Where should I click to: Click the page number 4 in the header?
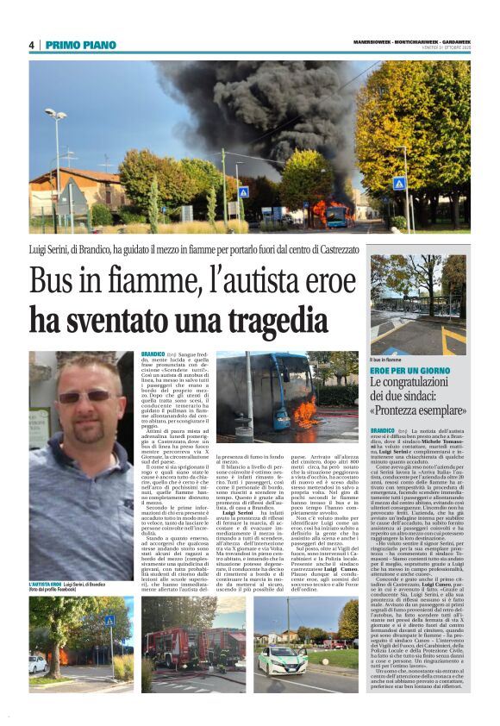click(x=31, y=45)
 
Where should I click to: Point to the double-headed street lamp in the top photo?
click(x=56, y=116)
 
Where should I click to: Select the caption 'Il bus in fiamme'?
click(x=387, y=359)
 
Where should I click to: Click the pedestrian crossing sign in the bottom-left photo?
click(x=109, y=621)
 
